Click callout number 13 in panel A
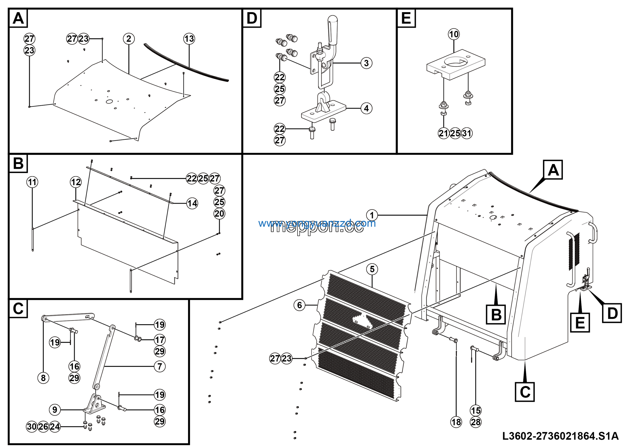(x=189, y=39)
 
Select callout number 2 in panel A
(x=129, y=39)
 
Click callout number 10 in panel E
(x=454, y=34)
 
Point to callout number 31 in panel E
(x=467, y=133)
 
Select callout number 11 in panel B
(x=32, y=182)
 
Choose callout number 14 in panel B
(x=192, y=204)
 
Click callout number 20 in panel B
(x=219, y=214)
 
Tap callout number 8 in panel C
(x=43, y=378)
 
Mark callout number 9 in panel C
(x=55, y=410)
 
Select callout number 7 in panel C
(x=159, y=366)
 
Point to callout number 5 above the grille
(x=372, y=269)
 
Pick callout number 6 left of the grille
(x=300, y=305)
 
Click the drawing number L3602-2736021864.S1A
(x=560, y=436)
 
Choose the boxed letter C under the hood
(x=525, y=392)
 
